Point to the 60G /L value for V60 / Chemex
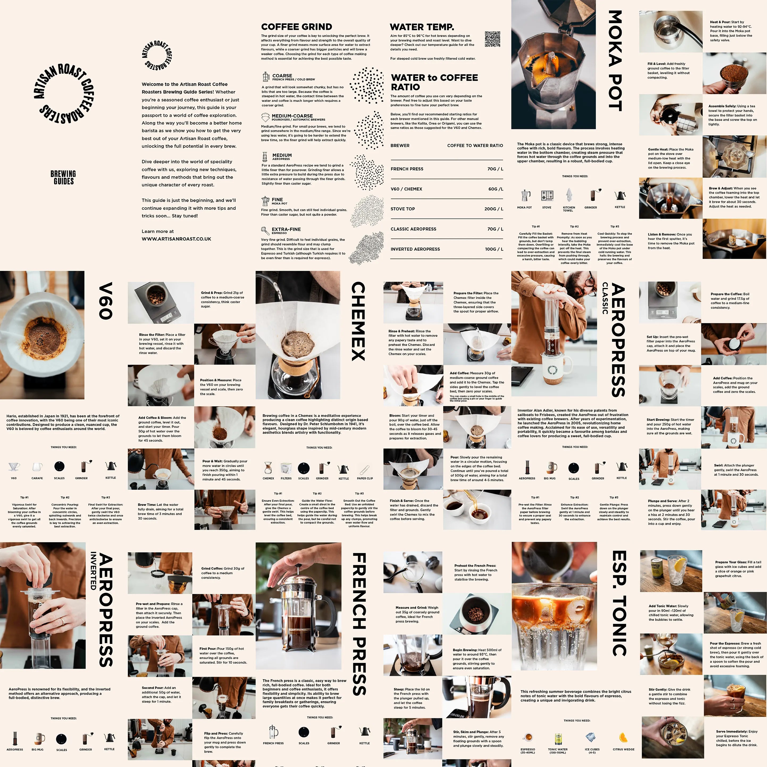click(x=496, y=189)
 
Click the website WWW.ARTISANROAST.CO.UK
click(x=176, y=239)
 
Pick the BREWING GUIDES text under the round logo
click(x=63, y=177)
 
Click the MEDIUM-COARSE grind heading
click(x=292, y=116)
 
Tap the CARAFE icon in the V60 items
click(x=37, y=467)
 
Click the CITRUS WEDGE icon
click(x=623, y=737)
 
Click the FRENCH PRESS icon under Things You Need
click(x=273, y=731)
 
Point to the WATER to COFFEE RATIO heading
click(x=434, y=82)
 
